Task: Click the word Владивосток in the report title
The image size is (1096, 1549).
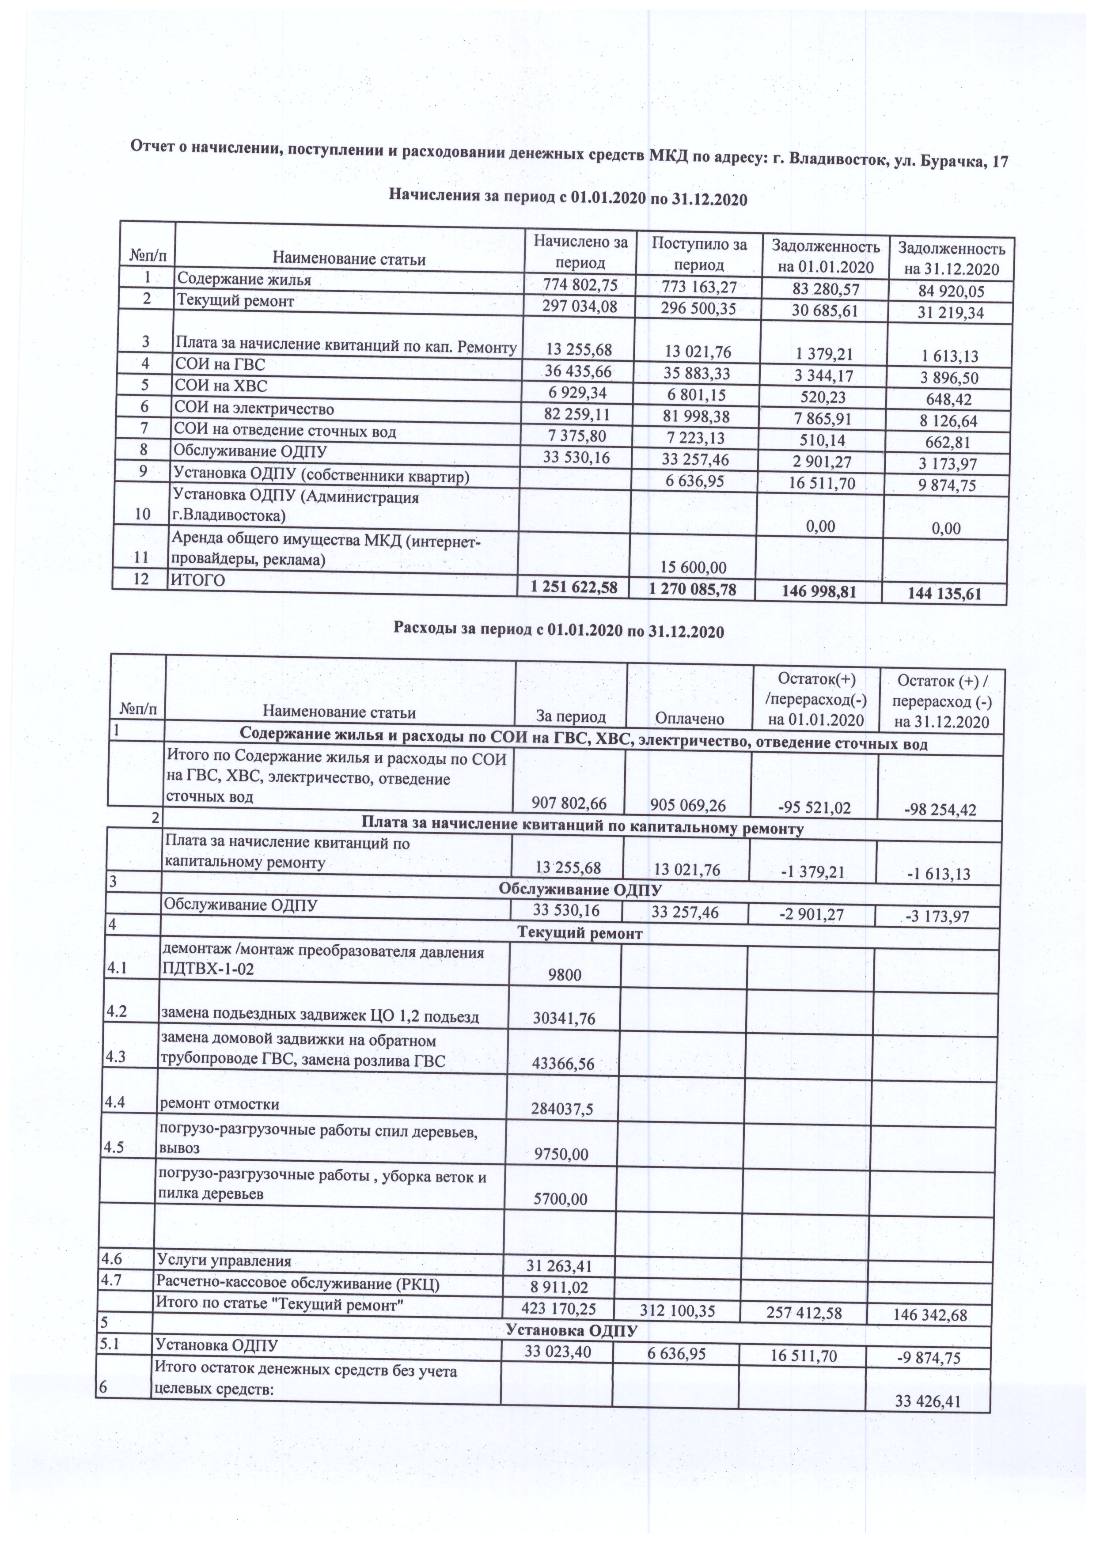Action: [x=837, y=161]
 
